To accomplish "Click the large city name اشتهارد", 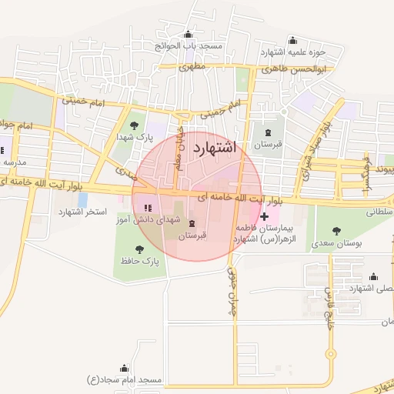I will [x=218, y=145].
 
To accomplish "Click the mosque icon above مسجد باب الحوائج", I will [x=189, y=34].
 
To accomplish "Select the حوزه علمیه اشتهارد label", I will [x=293, y=52].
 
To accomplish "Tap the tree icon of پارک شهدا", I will [x=134, y=124].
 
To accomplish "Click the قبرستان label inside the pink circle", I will [x=192, y=235].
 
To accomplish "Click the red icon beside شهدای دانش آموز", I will [x=148, y=208].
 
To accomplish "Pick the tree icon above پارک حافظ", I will [x=139, y=249].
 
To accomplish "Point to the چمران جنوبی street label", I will [x=229, y=292].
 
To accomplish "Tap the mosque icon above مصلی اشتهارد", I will [x=374, y=276].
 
